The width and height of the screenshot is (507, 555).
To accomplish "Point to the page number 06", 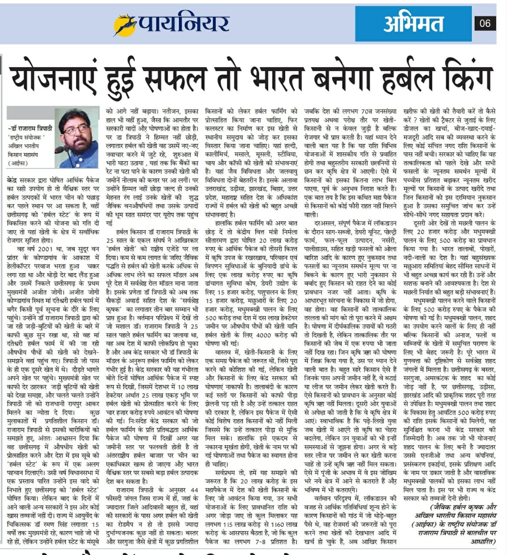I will [x=485, y=23].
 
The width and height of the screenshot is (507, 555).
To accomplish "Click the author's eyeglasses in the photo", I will [x=77, y=129].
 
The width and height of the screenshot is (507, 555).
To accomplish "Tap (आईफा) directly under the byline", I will [x=17, y=163].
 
